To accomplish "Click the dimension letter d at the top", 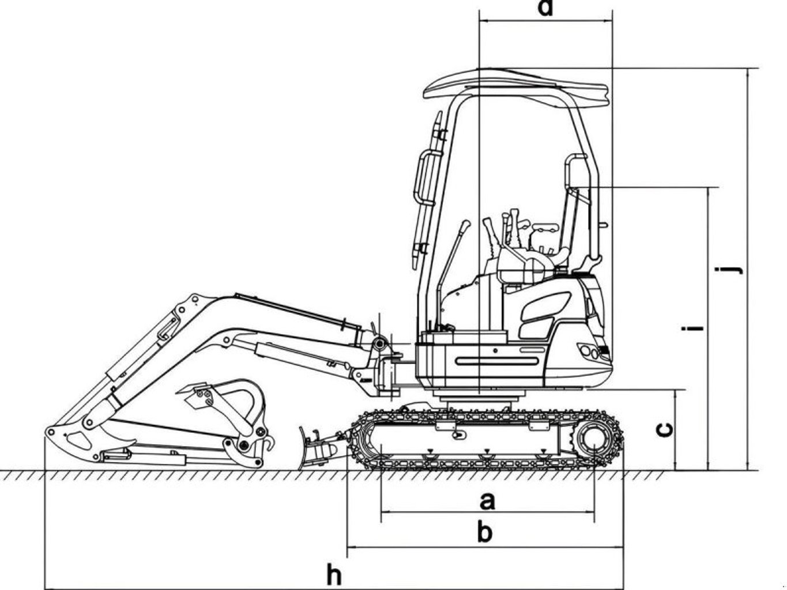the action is [545, 8].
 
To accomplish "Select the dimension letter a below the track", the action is [487, 501].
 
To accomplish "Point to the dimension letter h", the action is [334, 573].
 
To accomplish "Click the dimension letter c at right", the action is [664, 430].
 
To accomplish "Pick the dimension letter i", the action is [692, 328].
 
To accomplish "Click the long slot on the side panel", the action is [496, 361].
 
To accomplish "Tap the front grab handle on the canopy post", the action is [426, 177].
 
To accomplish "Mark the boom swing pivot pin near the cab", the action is [379, 345].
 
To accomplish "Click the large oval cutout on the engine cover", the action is [545, 307].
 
